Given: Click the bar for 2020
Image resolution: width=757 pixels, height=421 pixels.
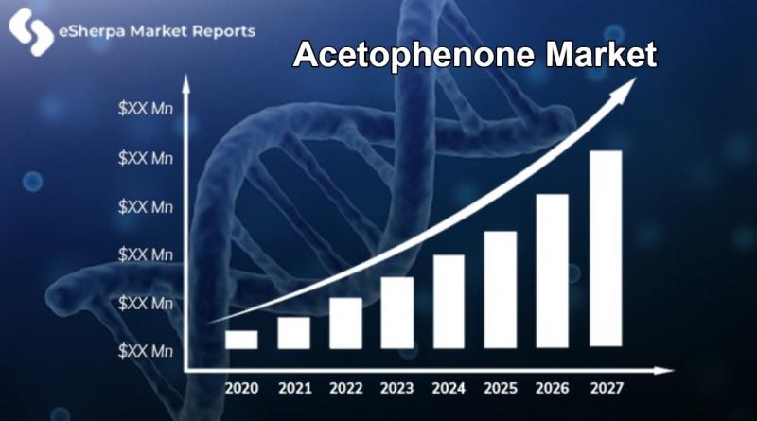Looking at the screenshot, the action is pyautogui.click(x=241, y=340).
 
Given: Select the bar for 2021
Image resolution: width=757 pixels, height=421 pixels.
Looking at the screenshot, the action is pyautogui.click(x=293, y=333).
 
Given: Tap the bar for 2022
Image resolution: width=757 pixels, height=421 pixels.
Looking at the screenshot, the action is pyautogui.click(x=345, y=323).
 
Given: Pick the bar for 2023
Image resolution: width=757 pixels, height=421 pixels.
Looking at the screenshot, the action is pyautogui.click(x=397, y=312).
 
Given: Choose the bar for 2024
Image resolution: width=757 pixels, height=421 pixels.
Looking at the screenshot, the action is pyautogui.click(x=449, y=301).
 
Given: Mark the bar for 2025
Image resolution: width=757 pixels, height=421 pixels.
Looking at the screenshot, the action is pyautogui.click(x=501, y=289).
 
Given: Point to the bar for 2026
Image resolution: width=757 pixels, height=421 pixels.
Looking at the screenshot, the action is pyautogui.click(x=553, y=271).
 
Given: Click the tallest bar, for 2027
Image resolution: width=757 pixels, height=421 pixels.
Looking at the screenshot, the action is pyautogui.click(x=606, y=249).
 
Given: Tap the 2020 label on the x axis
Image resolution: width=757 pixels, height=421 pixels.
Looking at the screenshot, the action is pyautogui.click(x=242, y=388).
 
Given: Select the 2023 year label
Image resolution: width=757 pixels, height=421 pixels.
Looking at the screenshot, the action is pyautogui.click(x=396, y=388).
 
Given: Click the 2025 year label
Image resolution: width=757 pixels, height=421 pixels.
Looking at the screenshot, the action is pyautogui.click(x=501, y=388).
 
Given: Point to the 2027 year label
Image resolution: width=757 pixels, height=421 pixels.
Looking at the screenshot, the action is pyautogui.click(x=607, y=388).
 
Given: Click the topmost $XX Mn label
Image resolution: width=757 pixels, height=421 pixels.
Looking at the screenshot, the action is pyautogui.click(x=146, y=109).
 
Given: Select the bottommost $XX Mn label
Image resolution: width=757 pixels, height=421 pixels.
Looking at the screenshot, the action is pyautogui.click(x=146, y=351).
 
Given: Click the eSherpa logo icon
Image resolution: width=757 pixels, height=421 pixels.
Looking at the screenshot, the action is pyautogui.click(x=31, y=31).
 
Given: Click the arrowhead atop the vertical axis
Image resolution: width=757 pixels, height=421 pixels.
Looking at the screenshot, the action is pyautogui.click(x=185, y=84).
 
